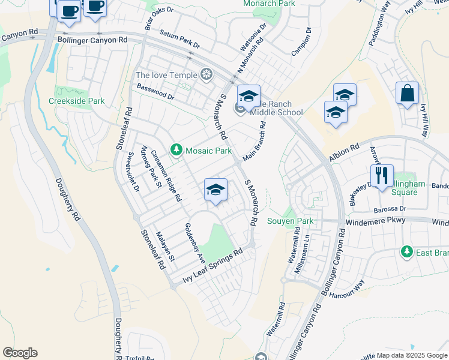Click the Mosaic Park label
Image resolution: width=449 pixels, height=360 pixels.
(208, 150)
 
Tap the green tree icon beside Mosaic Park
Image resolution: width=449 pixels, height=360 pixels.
(176, 149)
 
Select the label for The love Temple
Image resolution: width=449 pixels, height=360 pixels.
(166, 75)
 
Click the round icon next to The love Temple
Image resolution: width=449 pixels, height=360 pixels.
(206, 75)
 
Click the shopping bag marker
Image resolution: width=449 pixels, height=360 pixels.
(407, 94)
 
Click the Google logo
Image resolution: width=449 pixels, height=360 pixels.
(20, 353)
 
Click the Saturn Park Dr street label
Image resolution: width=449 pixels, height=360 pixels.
(179, 39)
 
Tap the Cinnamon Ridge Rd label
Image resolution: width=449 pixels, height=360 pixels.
(166, 176)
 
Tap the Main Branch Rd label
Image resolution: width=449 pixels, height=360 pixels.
(254, 142)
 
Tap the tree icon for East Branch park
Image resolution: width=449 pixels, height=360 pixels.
(408, 251)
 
